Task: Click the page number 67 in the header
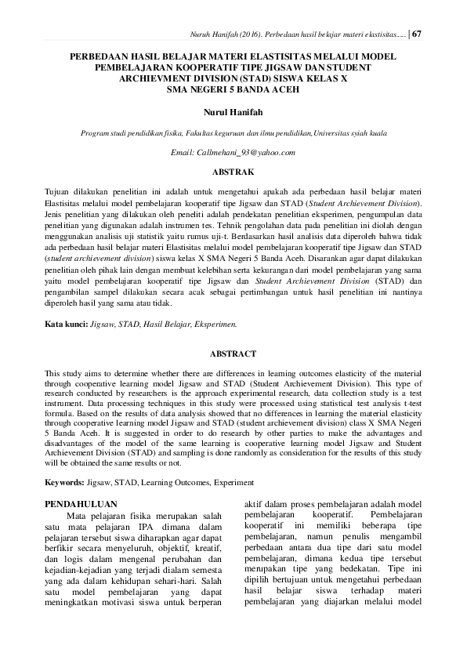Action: tap(417, 34)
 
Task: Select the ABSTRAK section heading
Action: tap(233, 170)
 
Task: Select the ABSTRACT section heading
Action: tap(233, 354)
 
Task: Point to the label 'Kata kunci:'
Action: tap(67, 323)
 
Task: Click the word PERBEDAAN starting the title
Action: tap(107, 57)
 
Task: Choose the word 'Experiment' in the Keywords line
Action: tap(233, 481)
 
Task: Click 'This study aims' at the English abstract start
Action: tap(75, 374)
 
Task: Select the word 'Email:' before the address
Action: tap(183, 152)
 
